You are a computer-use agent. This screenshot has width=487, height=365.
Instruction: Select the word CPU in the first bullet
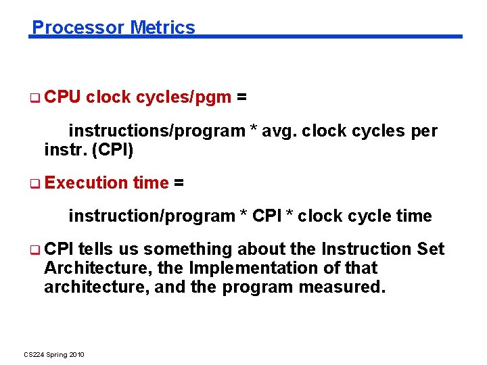[62, 98]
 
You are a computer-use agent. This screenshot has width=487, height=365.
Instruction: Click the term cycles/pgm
[183, 98]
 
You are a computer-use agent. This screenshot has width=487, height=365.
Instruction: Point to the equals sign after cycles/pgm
[241, 98]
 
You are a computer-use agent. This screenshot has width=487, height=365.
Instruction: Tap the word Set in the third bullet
[431, 249]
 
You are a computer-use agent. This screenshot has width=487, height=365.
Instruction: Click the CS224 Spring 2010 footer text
[54, 355]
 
